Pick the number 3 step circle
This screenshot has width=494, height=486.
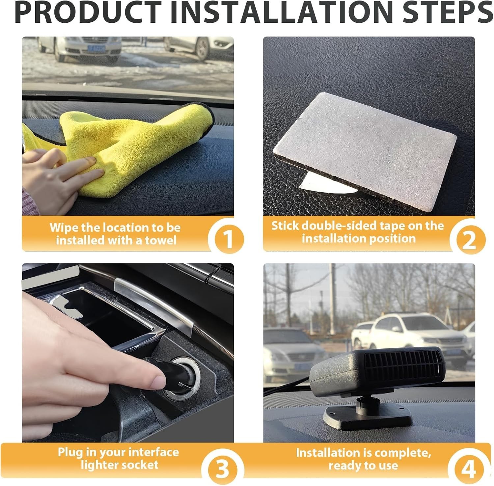(223, 468)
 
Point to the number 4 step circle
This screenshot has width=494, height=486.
(468, 468)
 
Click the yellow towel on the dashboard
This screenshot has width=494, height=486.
(132, 148)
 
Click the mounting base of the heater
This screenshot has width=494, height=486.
(367, 415)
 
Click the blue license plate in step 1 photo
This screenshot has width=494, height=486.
(96, 48)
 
